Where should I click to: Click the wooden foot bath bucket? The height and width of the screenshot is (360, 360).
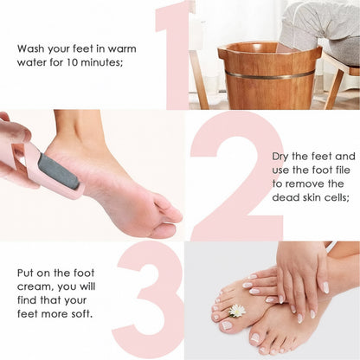click(269, 82)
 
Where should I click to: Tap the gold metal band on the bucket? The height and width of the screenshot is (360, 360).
click(269, 76)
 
